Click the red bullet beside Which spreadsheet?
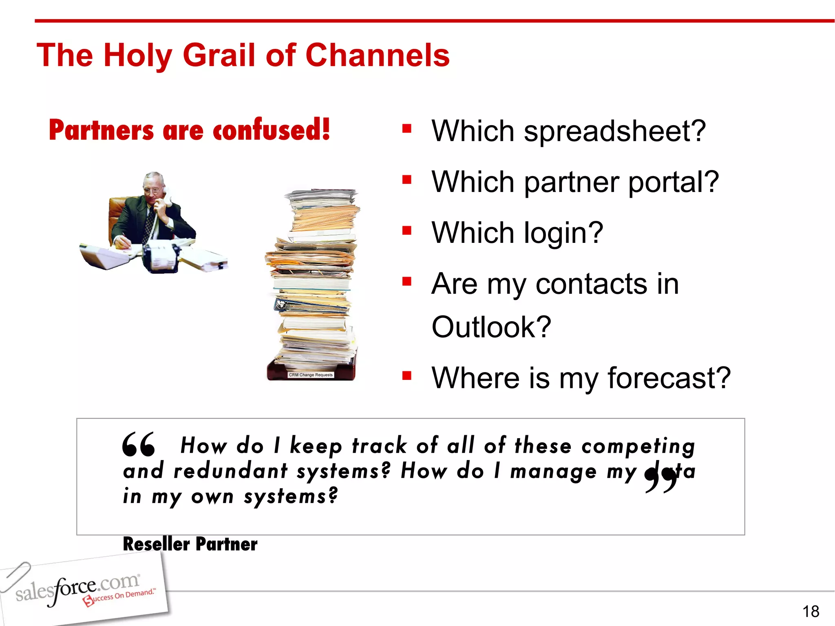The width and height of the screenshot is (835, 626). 406,129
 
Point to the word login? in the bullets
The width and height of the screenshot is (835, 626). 563,233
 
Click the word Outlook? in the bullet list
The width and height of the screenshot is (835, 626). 491,327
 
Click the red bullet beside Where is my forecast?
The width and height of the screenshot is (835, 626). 406,375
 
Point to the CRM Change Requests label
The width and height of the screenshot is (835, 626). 311,375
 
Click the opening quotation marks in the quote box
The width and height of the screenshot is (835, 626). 139,444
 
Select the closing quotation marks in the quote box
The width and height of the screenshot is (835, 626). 661,480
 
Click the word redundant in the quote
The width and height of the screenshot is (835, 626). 231,472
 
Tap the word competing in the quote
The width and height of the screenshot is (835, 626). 638,446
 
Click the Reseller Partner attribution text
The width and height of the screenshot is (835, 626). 190,544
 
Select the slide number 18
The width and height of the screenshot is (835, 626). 811,611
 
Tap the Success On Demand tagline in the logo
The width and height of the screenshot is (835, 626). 120,597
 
